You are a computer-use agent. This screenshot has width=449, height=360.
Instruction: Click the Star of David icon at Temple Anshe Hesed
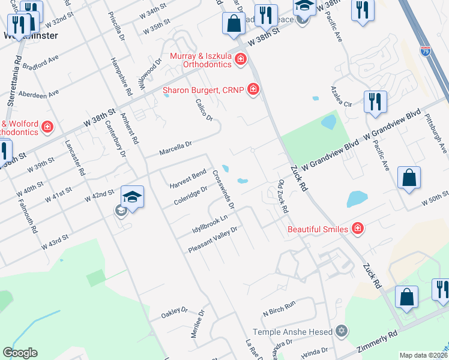[342, 331]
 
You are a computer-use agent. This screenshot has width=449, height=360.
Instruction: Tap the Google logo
[20, 353]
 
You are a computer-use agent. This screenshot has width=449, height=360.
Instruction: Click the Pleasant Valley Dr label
[214, 239]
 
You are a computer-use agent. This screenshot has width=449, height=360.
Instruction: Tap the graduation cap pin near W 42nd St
[132, 197]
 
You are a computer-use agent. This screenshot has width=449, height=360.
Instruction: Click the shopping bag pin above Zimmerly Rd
[407, 296]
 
